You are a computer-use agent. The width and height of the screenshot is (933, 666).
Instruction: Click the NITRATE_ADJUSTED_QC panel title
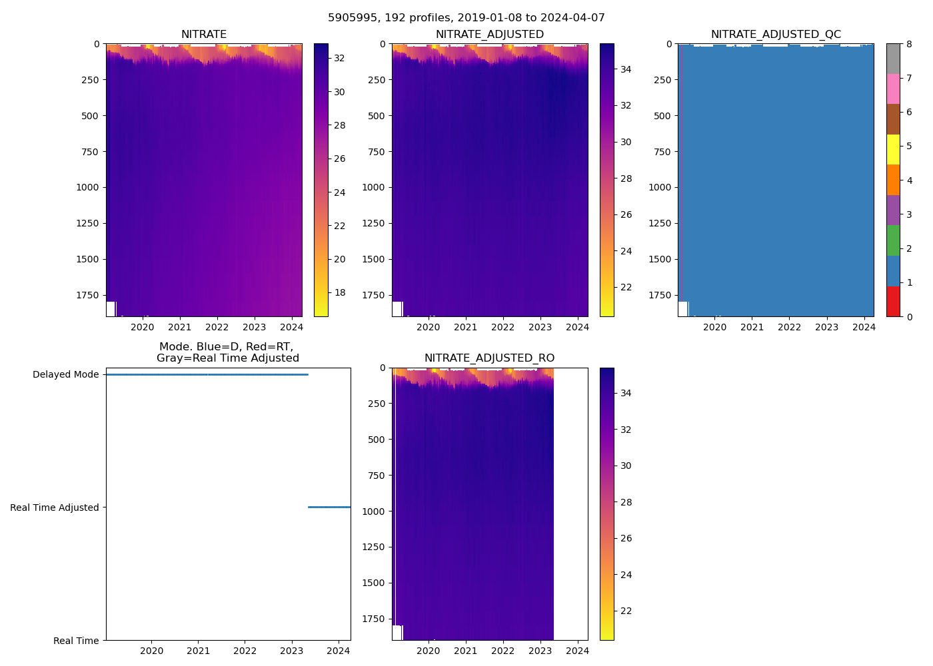point(776,35)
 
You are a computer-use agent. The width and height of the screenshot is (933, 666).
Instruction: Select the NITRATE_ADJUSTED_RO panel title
point(489,358)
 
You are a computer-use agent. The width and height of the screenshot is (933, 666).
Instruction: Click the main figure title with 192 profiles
point(467,18)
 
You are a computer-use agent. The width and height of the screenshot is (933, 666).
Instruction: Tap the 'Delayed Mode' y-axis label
point(65,374)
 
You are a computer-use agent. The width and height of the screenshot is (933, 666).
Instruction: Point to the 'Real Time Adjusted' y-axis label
point(55,507)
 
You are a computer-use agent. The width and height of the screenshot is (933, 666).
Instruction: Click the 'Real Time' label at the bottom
point(76,641)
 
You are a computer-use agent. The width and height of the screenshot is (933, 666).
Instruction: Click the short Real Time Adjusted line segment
point(329,507)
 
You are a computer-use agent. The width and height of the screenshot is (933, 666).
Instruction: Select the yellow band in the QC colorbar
point(893,150)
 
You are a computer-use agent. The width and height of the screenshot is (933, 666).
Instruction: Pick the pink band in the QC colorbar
point(893,89)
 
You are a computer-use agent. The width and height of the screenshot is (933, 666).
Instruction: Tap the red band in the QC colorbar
point(893,301)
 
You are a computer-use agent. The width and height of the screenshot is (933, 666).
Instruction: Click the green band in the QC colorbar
point(893,240)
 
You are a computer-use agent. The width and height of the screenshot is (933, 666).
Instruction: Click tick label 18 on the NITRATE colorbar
point(340,292)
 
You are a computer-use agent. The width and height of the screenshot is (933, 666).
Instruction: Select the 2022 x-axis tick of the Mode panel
point(245,651)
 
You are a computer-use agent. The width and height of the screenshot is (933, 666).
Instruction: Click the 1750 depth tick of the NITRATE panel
point(87,295)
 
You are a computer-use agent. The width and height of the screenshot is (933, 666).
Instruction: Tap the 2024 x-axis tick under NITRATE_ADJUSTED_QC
point(864,327)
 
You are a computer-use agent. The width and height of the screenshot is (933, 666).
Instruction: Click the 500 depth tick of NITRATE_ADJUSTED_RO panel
point(377,440)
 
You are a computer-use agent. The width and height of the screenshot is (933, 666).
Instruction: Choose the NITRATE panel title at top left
point(204,35)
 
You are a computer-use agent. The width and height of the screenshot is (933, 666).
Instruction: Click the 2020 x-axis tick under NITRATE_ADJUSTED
point(429,327)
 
